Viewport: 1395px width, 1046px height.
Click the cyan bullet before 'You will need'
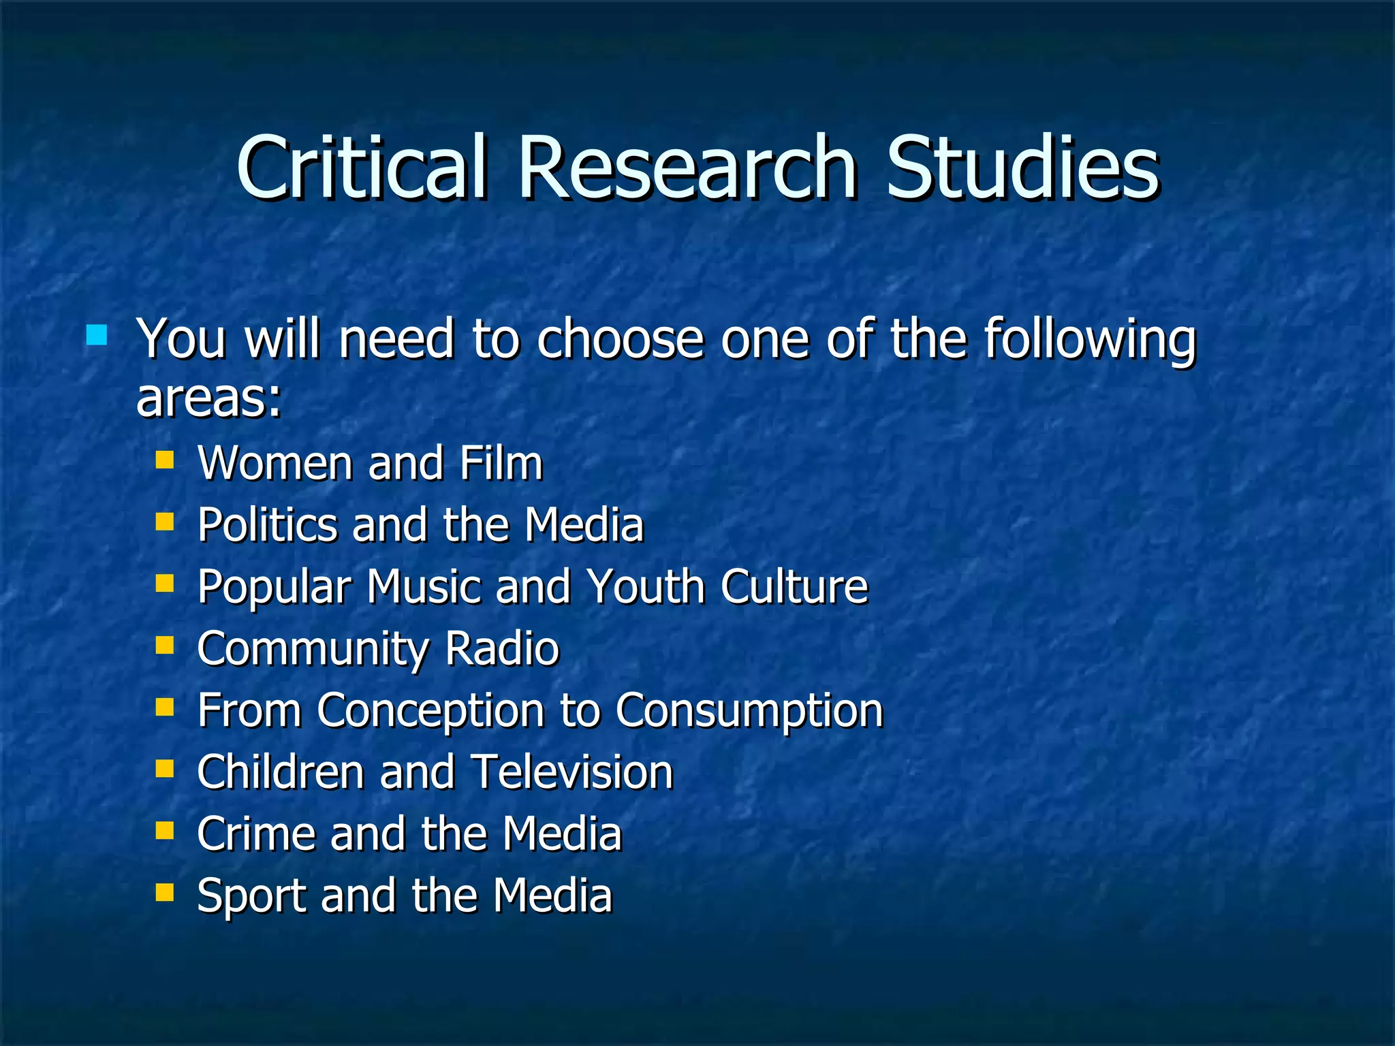pos(97,335)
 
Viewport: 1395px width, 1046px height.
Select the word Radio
pos(501,648)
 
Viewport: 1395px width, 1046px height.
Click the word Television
pos(572,772)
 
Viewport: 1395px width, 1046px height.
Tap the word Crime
pos(256,834)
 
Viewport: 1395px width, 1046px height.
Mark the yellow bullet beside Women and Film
pos(165,460)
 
